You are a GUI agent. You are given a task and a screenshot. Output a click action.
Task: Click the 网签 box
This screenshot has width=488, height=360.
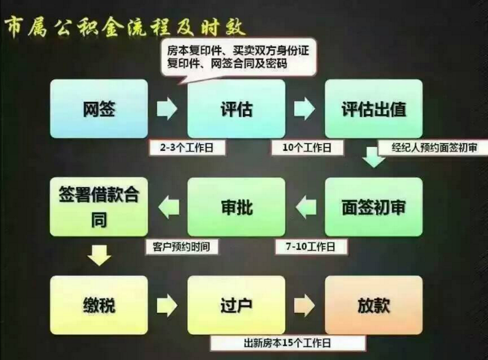point(99,109)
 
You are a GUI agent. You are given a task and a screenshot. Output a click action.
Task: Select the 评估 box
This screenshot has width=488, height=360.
point(236,109)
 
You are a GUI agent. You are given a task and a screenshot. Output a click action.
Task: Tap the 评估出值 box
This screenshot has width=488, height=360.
point(374,109)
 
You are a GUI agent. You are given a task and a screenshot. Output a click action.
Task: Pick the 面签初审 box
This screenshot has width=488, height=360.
point(374,207)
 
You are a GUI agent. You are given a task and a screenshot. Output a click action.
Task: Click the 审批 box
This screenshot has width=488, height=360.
point(236,207)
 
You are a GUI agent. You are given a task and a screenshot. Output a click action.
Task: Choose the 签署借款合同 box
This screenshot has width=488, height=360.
point(99,207)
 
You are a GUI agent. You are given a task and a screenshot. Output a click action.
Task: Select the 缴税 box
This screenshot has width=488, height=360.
point(99,305)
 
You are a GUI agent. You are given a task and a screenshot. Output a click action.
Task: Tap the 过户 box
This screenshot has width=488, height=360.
point(236,305)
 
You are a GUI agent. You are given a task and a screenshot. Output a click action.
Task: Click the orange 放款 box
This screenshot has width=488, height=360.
point(374,305)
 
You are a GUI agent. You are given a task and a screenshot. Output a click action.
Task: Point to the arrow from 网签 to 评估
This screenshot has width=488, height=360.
point(167,109)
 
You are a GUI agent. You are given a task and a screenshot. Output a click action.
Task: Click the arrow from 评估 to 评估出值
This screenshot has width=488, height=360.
point(304,109)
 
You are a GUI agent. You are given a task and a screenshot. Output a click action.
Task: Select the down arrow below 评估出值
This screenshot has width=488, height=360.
point(373,157)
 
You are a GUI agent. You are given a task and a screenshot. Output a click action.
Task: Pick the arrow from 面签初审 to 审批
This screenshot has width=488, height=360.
point(306,207)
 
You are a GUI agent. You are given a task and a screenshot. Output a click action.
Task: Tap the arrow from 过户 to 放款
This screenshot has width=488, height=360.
point(304,305)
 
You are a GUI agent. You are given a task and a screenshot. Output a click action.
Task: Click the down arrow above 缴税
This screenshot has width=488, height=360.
point(99,255)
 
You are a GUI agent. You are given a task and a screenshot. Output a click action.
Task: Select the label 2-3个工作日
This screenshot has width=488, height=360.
point(187,148)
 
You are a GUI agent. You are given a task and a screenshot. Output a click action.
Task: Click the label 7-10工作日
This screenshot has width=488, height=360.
point(311,247)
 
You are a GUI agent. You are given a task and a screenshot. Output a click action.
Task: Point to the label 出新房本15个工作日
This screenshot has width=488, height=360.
point(287,343)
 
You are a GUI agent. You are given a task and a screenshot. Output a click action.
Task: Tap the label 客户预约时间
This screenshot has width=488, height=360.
point(182,247)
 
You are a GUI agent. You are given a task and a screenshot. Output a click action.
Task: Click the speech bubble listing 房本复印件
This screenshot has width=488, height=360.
point(238,58)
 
